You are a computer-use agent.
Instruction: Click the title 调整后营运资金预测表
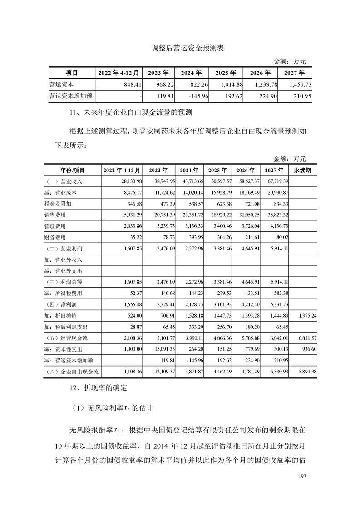click(180, 48)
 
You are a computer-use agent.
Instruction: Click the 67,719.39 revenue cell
click(275, 181)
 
